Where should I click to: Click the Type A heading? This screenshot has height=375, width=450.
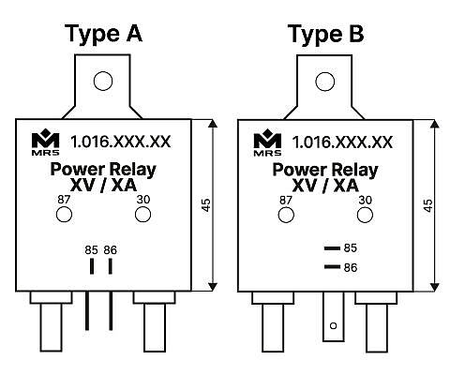click(x=103, y=34)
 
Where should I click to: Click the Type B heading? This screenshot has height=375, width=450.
click(x=325, y=34)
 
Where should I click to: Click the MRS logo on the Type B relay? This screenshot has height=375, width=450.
click(x=267, y=142)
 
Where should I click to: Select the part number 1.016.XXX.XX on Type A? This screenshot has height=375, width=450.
click(x=121, y=142)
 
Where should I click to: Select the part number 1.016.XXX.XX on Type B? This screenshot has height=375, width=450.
click(x=342, y=142)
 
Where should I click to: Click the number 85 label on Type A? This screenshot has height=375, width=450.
click(x=91, y=250)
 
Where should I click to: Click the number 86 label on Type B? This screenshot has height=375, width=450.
click(x=351, y=267)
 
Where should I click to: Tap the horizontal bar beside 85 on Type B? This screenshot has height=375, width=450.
click(x=332, y=248)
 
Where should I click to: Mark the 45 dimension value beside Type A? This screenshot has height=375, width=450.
click(x=206, y=205)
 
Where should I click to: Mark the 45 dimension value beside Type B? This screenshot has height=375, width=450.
click(x=428, y=205)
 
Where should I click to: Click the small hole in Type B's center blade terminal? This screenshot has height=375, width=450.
click(x=334, y=325)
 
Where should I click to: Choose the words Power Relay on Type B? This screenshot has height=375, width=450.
click(x=325, y=170)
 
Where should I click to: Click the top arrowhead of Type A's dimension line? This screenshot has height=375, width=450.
click(x=213, y=124)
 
